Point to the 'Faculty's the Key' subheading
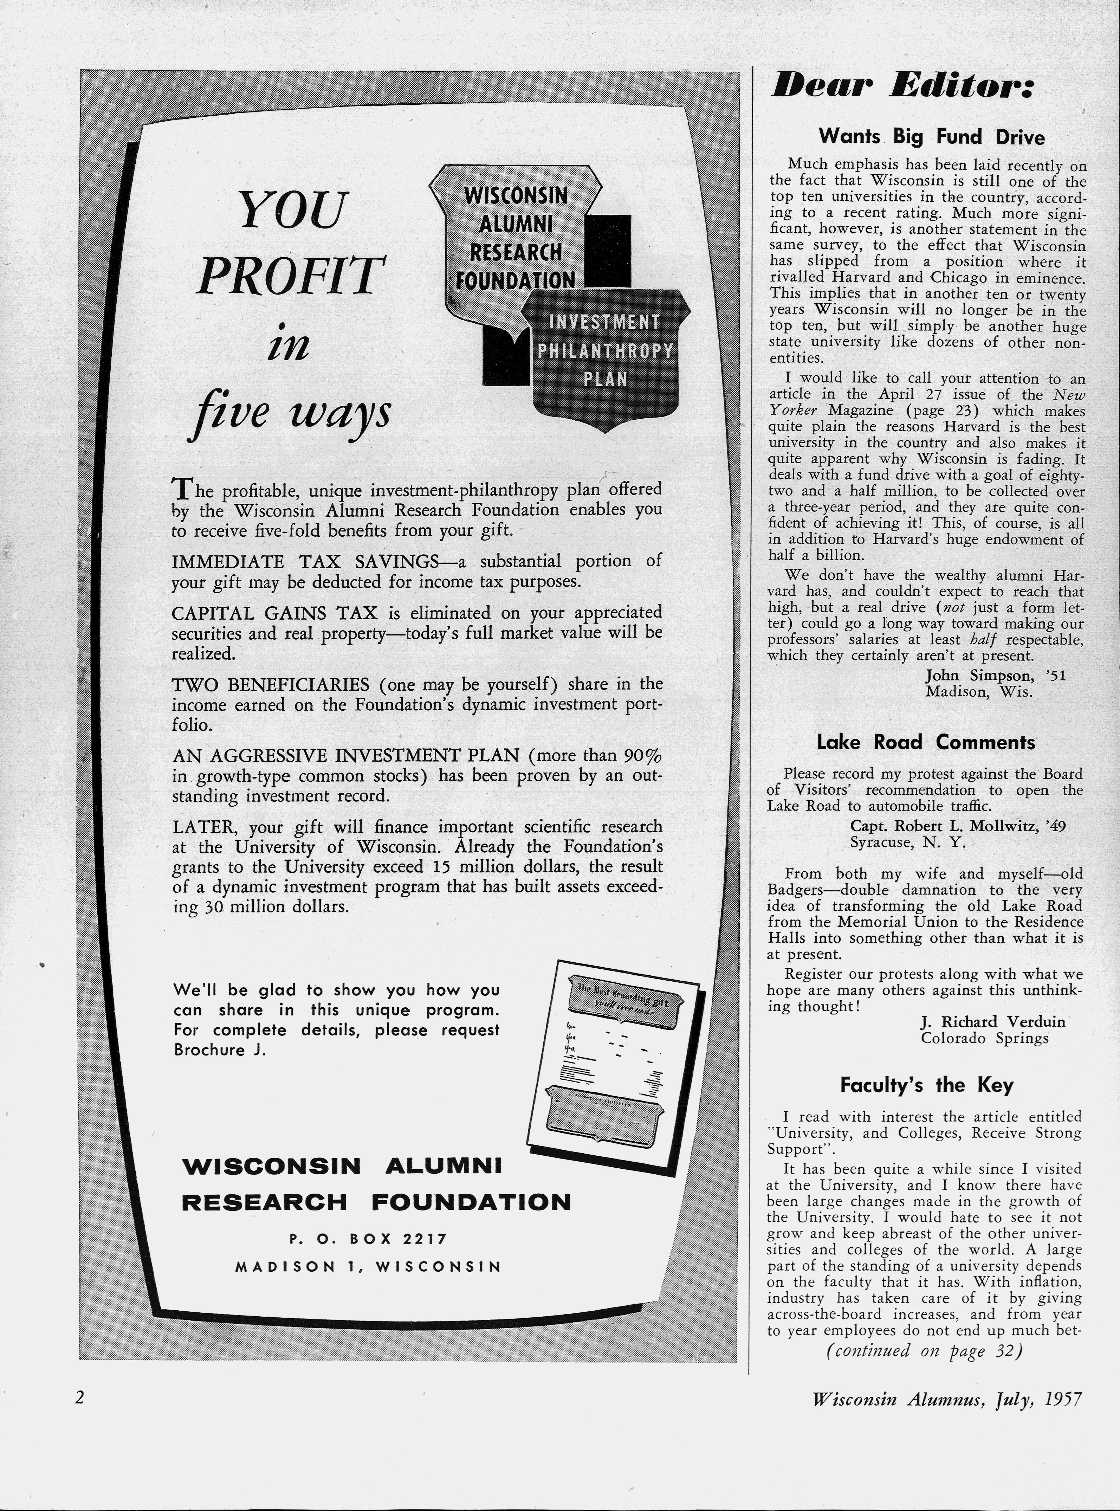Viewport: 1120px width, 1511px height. pos(926,1085)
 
